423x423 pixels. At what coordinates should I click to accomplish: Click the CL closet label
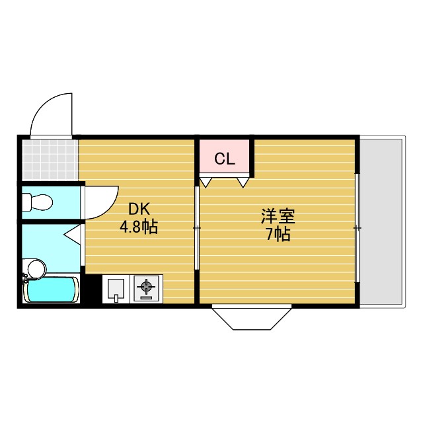[x=225, y=159]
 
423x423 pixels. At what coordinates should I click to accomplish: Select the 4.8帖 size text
[x=138, y=228]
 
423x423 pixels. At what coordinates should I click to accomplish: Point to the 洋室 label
[x=278, y=216]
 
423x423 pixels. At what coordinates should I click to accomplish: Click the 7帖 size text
[x=278, y=234]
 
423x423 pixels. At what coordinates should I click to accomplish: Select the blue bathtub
[x=51, y=289]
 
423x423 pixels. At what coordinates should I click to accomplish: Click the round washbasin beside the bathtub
[x=36, y=268]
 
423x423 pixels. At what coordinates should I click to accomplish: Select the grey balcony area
[x=382, y=221]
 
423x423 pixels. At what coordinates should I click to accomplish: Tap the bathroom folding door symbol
[x=74, y=233]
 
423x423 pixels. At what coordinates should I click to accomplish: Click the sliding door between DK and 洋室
[x=197, y=227]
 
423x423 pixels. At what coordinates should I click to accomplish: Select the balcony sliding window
[x=357, y=227]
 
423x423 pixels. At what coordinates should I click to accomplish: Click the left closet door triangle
[x=207, y=180]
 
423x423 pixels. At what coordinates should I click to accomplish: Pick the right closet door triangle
[x=243, y=180]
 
